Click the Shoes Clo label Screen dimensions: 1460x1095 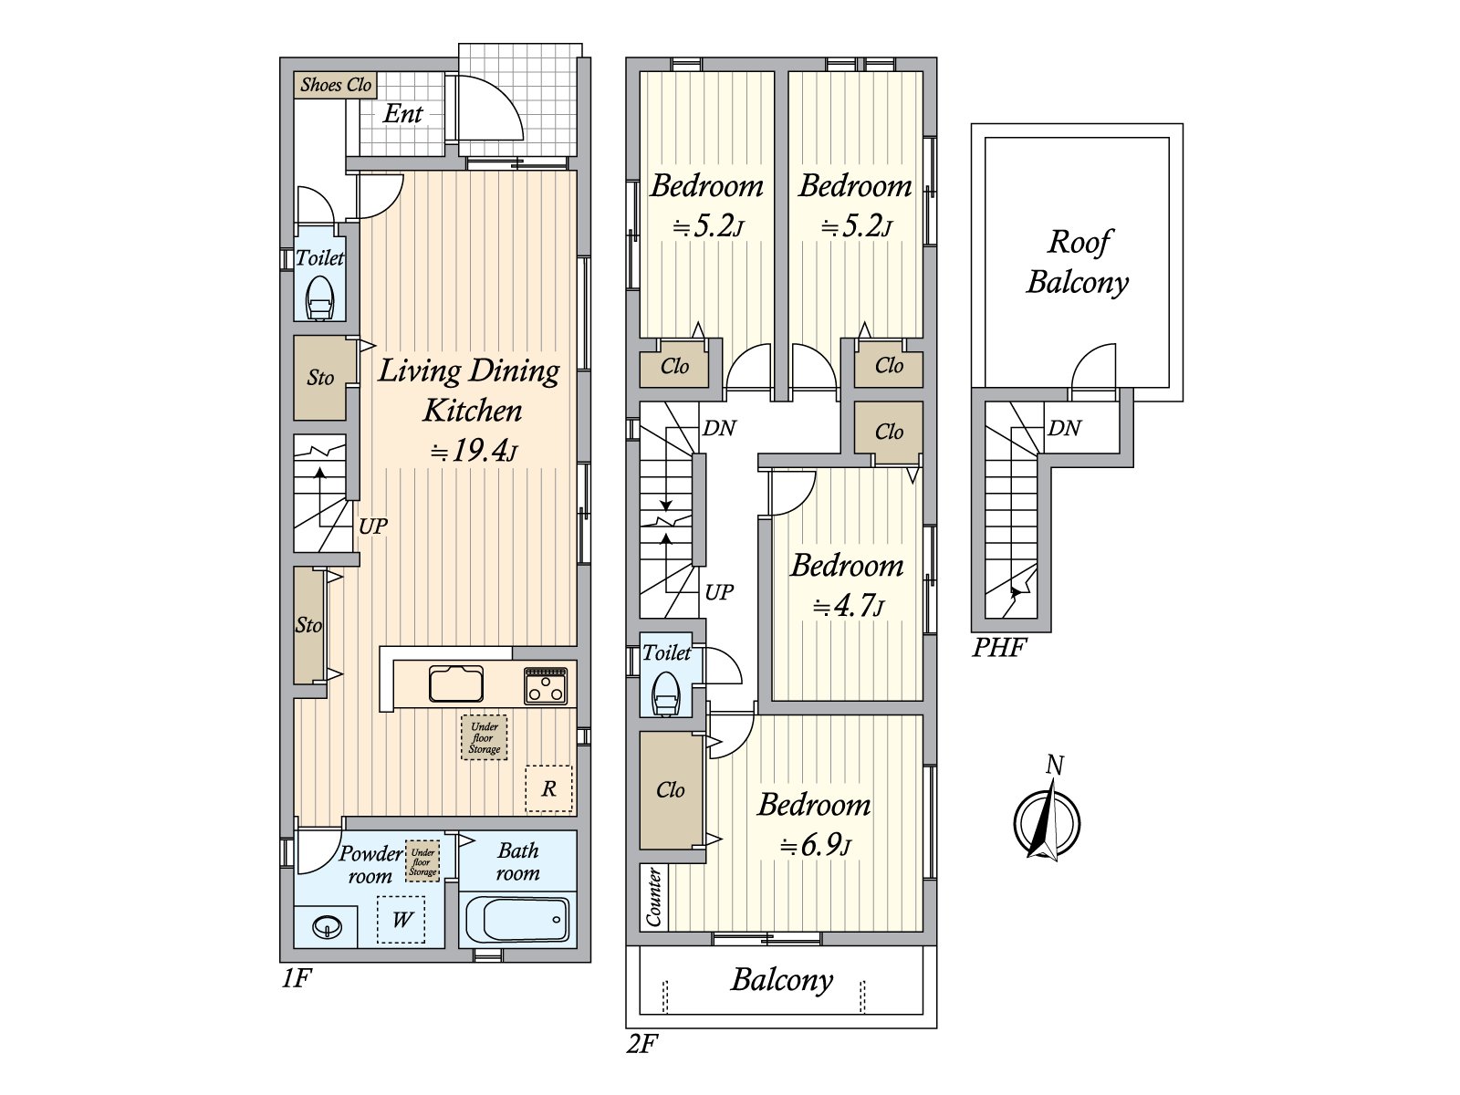(x=335, y=85)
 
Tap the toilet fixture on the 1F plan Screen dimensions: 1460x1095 (x=319, y=297)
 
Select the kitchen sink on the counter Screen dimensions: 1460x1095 (x=456, y=683)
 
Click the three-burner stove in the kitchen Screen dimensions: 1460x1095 (x=546, y=685)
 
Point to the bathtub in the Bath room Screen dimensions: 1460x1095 (x=517, y=919)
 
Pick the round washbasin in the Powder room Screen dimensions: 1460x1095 (x=327, y=927)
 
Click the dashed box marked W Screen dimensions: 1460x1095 (x=401, y=920)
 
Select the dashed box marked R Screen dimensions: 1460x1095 (x=548, y=788)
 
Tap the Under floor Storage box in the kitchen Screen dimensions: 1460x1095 (x=485, y=737)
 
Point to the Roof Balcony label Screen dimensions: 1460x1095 (x=1078, y=262)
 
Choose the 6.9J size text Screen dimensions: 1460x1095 (x=816, y=846)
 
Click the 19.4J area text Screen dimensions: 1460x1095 (x=473, y=452)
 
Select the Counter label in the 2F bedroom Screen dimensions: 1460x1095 (x=654, y=897)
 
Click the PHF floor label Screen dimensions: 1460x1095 (x=999, y=648)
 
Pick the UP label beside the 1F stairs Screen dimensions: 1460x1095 (x=372, y=527)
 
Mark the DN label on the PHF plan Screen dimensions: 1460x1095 (x=1064, y=428)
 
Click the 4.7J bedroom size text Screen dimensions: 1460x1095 (x=849, y=606)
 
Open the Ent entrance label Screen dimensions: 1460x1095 (x=402, y=114)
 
